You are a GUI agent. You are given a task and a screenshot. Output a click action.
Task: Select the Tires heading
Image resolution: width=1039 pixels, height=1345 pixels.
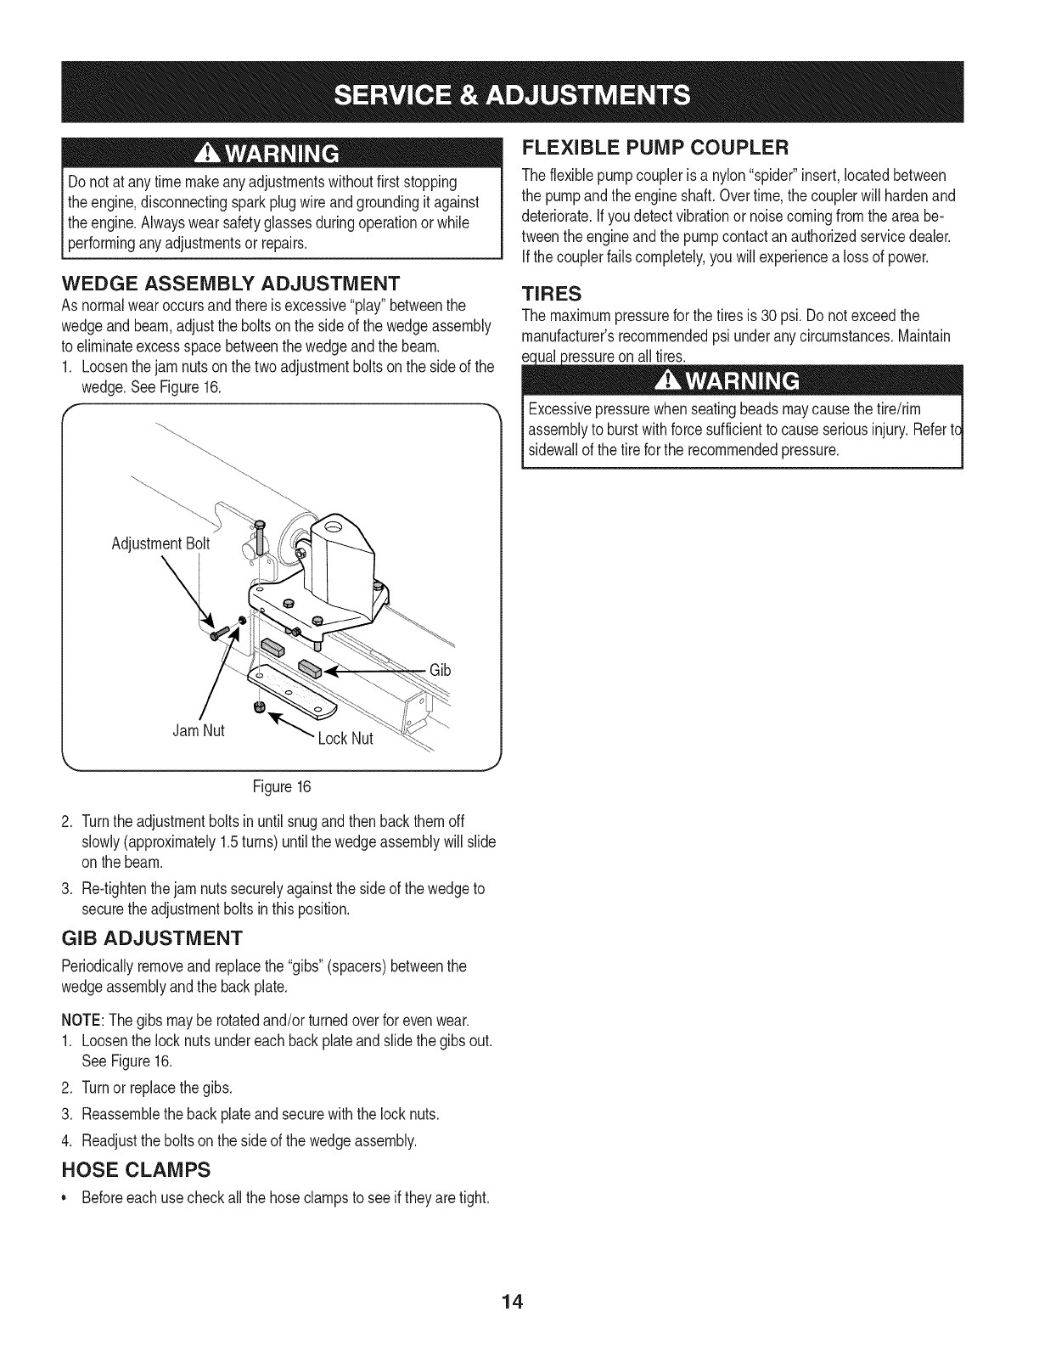point(551,294)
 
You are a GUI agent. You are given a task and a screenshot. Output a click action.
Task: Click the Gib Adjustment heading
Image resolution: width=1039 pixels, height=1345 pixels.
point(152,938)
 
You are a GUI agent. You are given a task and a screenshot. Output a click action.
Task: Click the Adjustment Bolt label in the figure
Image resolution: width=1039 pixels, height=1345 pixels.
point(160,543)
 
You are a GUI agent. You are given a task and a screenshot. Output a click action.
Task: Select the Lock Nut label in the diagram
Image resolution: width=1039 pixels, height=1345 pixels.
point(345,739)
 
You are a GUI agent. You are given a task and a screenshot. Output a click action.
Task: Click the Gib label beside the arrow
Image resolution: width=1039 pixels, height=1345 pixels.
point(440,671)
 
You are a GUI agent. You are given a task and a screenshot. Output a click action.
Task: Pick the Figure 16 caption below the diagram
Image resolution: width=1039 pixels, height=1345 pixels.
point(283,786)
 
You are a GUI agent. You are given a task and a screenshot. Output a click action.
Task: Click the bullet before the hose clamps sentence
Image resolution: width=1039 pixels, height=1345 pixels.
point(66,1198)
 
